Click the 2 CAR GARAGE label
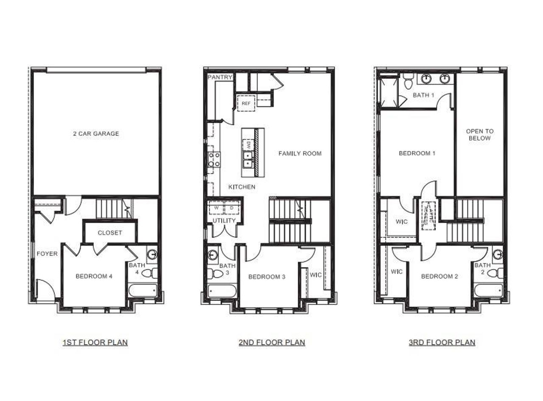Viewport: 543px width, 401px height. tap(96, 134)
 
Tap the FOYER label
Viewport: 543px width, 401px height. tap(47, 254)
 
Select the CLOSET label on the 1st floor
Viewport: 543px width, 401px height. tap(110, 232)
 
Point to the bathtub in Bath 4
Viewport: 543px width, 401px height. tap(142, 291)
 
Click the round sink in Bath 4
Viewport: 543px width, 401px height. tap(152, 254)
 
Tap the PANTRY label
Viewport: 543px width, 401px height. tap(220, 77)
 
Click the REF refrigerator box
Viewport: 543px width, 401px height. tap(246, 103)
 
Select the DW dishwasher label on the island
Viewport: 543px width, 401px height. tap(248, 145)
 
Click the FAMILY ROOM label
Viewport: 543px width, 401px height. tap(300, 153)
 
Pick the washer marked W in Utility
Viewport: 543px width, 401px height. tap(216, 208)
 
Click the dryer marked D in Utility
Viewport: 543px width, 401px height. tap(232, 208)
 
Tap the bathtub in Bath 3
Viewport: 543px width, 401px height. tap(222, 291)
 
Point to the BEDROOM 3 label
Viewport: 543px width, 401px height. tap(267, 277)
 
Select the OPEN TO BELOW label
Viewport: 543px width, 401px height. tap(480, 135)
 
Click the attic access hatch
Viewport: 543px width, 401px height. tap(428, 215)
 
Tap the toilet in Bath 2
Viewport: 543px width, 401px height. tap(495, 273)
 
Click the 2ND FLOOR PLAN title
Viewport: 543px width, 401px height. tap(271, 342)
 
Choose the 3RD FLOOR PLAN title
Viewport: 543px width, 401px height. tap(442, 342)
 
